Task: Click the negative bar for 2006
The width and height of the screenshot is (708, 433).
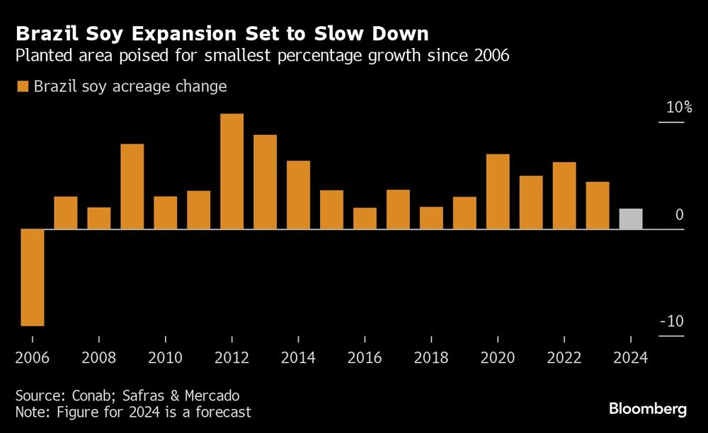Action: pyautogui.click(x=33, y=277)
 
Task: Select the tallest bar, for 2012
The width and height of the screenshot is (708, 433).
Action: pyautogui.click(x=232, y=171)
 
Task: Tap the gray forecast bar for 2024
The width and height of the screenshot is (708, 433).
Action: pyautogui.click(x=631, y=219)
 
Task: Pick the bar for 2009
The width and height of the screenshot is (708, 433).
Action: pyautogui.click(x=132, y=186)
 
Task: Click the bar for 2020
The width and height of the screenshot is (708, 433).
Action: pyautogui.click(x=498, y=191)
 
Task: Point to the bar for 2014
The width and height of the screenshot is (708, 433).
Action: pyautogui.click(x=298, y=195)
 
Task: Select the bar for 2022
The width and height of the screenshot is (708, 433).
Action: pyautogui.click(x=564, y=195)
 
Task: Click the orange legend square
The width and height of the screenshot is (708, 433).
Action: pyautogui.click(x=21, y=86)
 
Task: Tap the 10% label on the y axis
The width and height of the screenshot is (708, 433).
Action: pyautogui.click(x=678, y=108)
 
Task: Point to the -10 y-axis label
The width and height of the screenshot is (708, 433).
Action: pyautogui.click(x=672, y=321)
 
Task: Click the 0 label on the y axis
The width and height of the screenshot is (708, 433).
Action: pyautogui.click(x=680, y=214)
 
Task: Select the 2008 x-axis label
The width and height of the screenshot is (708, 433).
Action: pyautogui.click(x=99, y=357)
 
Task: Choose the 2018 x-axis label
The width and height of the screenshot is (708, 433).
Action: pyautogui.click(x=431, y=357)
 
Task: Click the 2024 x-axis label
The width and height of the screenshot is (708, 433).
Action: pyautogui.click(x=631, y=357)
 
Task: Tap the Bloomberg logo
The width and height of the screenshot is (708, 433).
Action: pyautogui.click(x=648, y=409)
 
